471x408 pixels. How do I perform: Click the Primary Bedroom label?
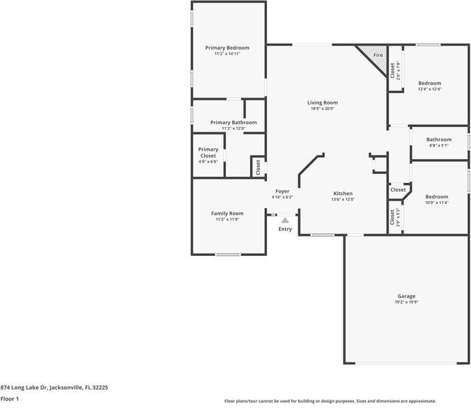click(227, 48)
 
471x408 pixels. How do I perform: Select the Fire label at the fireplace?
click(377, 54)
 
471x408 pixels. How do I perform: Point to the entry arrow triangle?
click(285, 220)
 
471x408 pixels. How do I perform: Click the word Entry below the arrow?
click(285, 229)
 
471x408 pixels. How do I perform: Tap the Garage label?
click(407, 296)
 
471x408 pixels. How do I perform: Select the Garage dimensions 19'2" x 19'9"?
click(407, 302)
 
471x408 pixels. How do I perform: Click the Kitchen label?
click(343, 193)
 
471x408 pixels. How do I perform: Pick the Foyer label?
click(282, 191)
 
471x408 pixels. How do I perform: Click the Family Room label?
click(227, 214)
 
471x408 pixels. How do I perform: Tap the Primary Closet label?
click(208, 153)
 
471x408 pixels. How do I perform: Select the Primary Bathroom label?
click(233, 123)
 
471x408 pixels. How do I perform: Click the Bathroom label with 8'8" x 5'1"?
click(439, 139)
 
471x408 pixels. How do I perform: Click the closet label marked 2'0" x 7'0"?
click(392, 70)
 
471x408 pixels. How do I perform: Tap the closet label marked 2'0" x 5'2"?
click(392, 218)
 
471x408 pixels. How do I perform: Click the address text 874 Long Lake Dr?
click(54, 387)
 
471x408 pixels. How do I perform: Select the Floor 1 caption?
click(10, 398)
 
